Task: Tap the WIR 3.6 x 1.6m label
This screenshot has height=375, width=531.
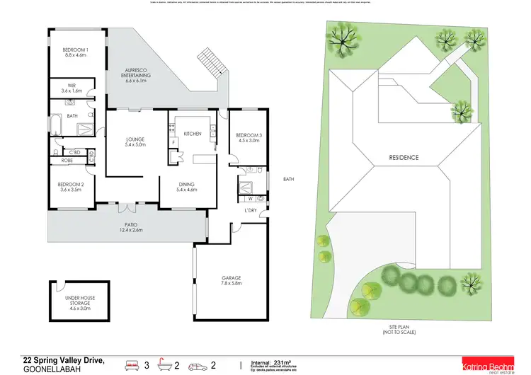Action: pyautogui.click(x=72, y=89)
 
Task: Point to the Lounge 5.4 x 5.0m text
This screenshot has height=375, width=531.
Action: pyautogui.click(x=135, y=142)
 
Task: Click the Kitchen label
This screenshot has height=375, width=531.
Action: pyautogui.click(x=193, y=134)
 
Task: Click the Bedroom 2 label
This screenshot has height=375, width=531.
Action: pyautogui.click(x=72, y=187)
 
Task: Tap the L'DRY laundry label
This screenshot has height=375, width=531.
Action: pyautogui.click(x=251, y=212)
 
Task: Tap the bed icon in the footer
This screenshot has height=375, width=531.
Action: pyautogui.click(x=132, y=366)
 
